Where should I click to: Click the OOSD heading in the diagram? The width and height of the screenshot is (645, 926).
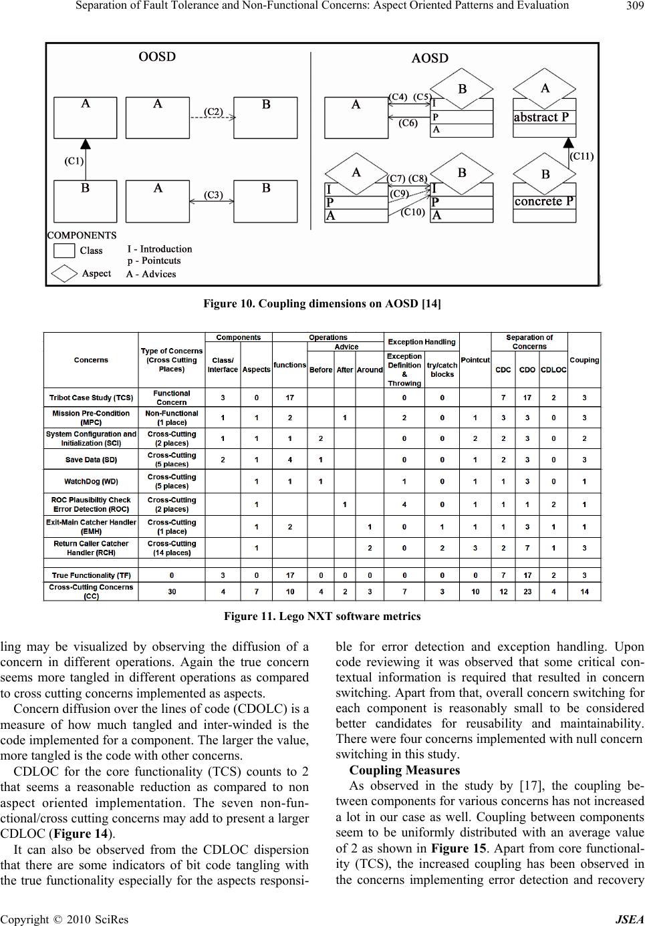click(157, 56)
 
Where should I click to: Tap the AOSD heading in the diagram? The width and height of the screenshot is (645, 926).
click(430, 58)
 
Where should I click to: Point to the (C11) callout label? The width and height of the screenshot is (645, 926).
click(582, 156)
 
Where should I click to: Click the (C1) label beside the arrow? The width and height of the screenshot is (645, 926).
click(74, 160)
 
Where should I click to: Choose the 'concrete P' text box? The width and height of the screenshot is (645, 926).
click(544, 201)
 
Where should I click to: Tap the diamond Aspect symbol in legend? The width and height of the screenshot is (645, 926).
click(64, 274)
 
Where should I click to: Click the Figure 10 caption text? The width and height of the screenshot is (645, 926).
click(322, 304)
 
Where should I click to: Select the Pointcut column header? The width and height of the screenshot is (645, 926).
click(475, 360)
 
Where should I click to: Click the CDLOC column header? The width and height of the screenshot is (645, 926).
click(553, 369)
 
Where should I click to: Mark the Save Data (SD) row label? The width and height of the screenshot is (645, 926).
click(91, 460)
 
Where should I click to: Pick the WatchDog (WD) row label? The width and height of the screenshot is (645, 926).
click(91, 481)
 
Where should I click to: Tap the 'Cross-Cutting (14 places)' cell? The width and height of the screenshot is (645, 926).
click(172, 548)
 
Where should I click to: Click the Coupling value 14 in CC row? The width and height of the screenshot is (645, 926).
click(584, 591)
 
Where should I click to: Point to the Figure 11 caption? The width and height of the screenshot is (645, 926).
click(322, 617)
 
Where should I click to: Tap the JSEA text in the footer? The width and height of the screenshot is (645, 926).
click(630, 919)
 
